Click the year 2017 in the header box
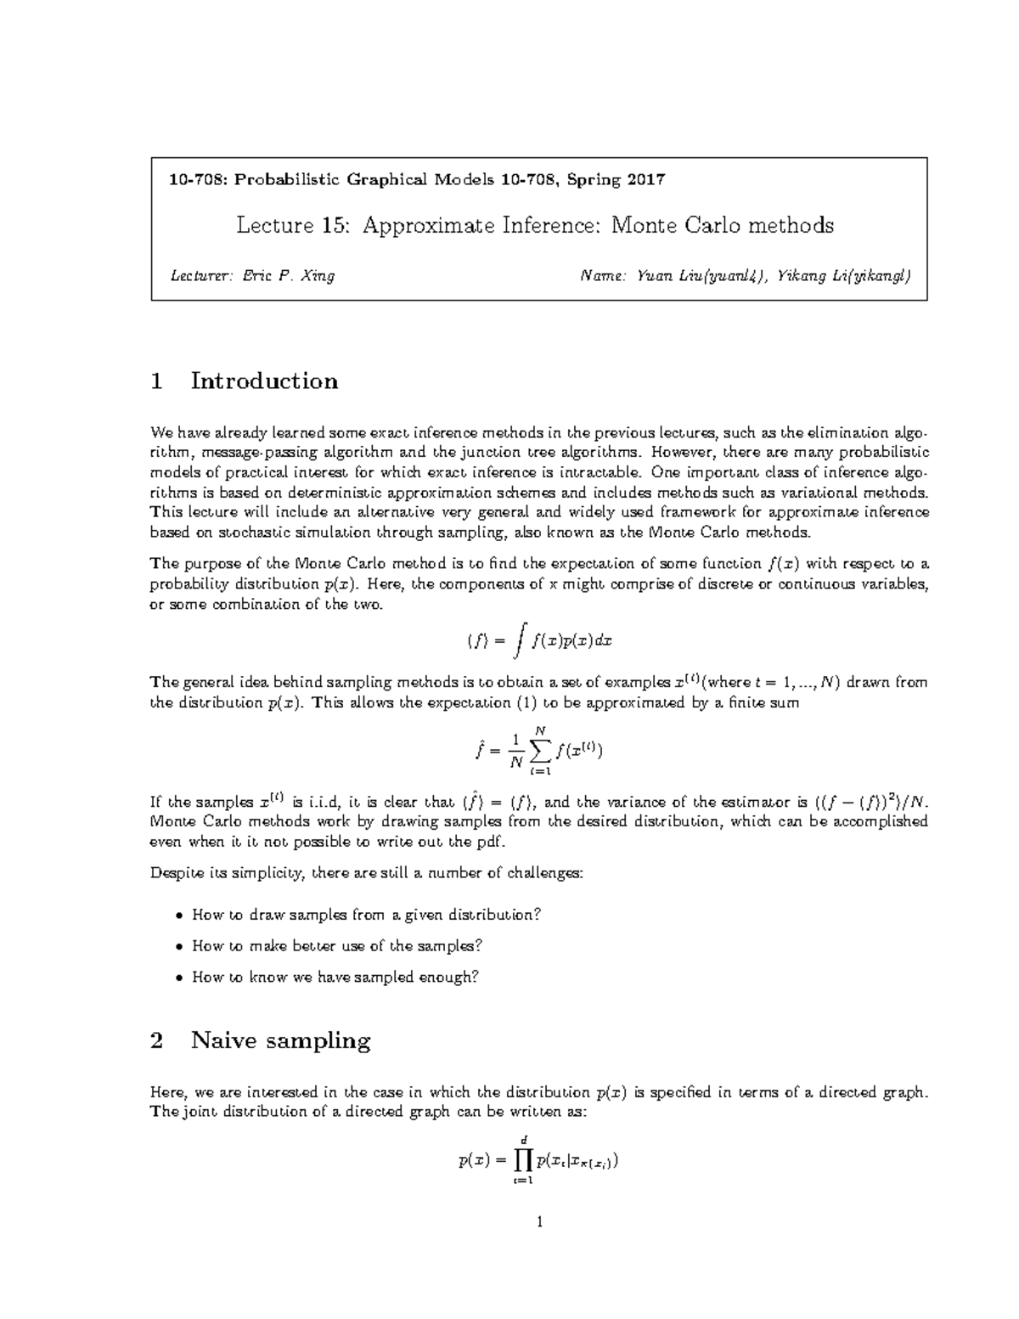click(646, 180)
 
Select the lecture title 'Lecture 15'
click(289, 225)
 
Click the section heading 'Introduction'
click(264, 380)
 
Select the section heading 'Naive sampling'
click(280, 1040)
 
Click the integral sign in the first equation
click(520, 641)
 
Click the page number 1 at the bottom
click(538, 1222)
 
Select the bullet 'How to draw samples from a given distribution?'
click(367, 915)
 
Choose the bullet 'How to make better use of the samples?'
click(337, 945)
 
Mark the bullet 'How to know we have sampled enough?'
click(335, 977)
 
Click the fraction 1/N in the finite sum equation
click(514, 752)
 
